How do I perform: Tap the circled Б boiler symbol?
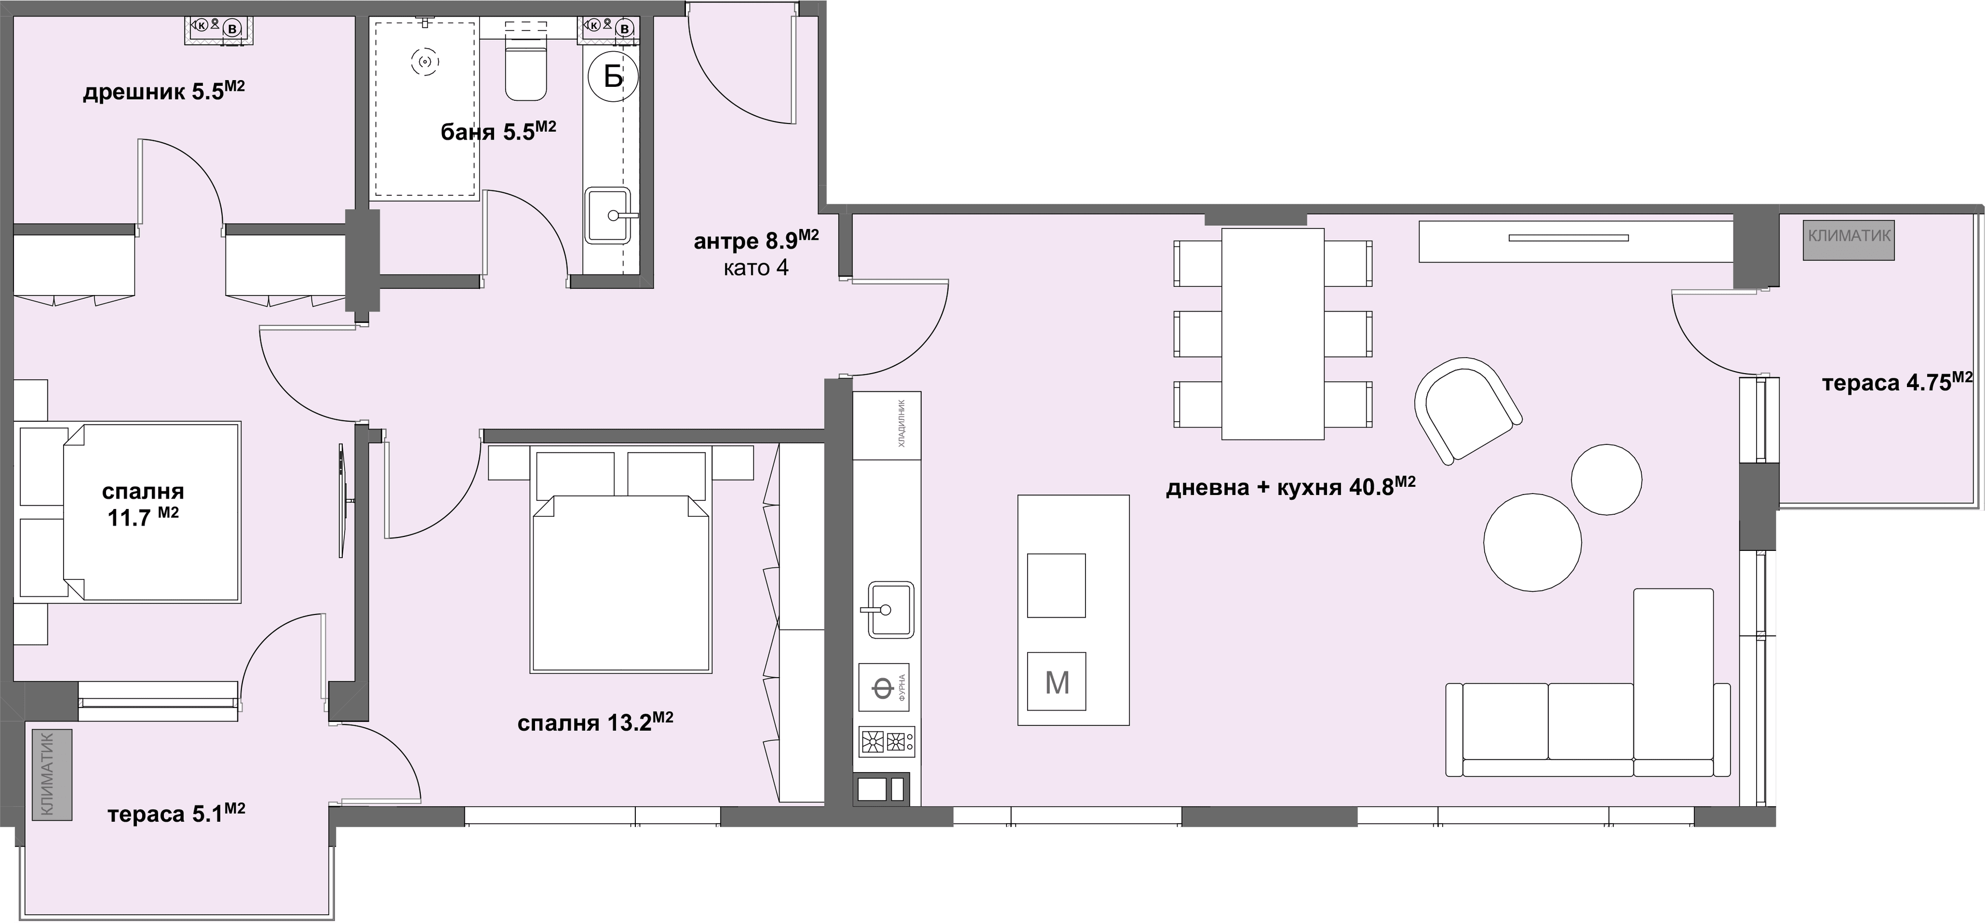[x=614, y=76]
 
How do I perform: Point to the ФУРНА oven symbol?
[x=884, y=687]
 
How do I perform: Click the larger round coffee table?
[x=1533, y=543]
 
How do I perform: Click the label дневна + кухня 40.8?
[x=1291, y=487]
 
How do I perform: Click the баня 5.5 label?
[x=498, y=131]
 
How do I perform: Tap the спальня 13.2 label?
[x=595, y=722]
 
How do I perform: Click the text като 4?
[x=756, y=269]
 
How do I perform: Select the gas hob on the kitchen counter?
[x=887, y=742]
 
